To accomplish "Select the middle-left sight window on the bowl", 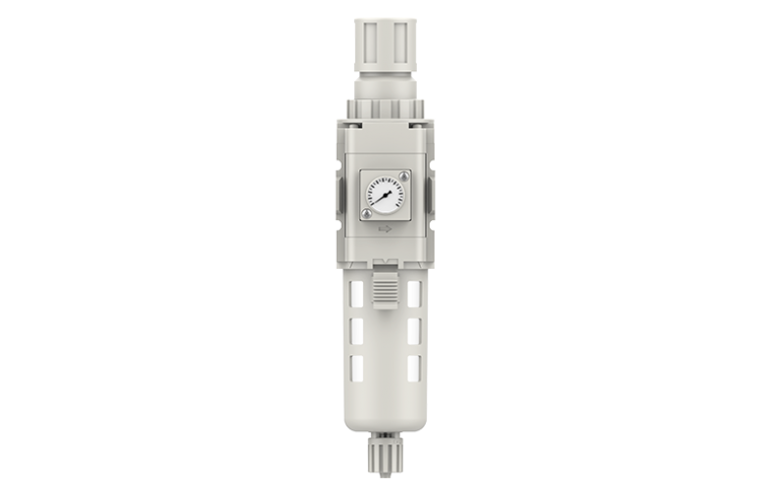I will click(359, 331).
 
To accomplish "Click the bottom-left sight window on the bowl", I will click(359, 370).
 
